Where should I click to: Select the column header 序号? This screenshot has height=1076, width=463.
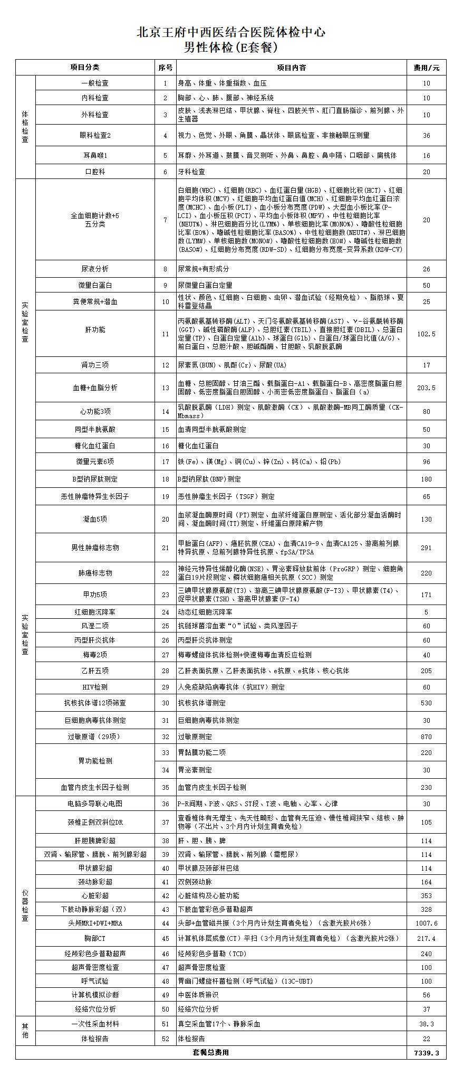pyautogui.click(x=165, y=68)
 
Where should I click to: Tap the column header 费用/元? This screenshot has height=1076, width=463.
pyautogui.click(x=427, y=68)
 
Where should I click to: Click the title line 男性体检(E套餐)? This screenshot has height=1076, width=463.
pyautogui.click(x=231, y=48)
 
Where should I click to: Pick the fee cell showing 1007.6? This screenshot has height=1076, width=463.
pyautogui.click(x=427, y=923)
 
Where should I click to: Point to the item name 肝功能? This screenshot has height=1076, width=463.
pyautogui.click(x=95, y=329)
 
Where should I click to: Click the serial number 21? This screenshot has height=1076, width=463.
pyautogui.click(x=166, y=548)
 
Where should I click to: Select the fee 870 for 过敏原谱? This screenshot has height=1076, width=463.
pyautogui.click(x=427, y=737)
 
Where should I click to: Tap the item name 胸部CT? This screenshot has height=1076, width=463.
pyautogui.click(x=95, y=938)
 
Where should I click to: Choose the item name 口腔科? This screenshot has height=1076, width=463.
pyautogui.click(x=95, y=172)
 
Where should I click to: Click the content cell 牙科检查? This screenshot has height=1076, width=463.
pyautogui.click(x=191, y=172)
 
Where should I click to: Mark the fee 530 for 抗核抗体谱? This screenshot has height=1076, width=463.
pyautogui.click(x=427, y=703)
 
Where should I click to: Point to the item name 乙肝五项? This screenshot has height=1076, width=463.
pyautogui.click(x=95, y=671)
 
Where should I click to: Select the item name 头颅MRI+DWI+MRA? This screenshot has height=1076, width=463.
pyautogui.click(x=95, y=923)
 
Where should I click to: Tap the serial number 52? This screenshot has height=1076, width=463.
pyautogui.click(x=166, y=1037)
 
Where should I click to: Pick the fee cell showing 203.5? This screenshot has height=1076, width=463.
pyautogui.click(x=427, y=388)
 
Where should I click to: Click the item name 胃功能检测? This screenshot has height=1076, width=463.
pyautogui.click(x=95, y=761)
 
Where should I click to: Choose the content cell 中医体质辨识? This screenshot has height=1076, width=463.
pyautogui.click(x=198, y=994)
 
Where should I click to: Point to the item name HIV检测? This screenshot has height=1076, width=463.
pyautogui.click(x=95, y=687)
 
